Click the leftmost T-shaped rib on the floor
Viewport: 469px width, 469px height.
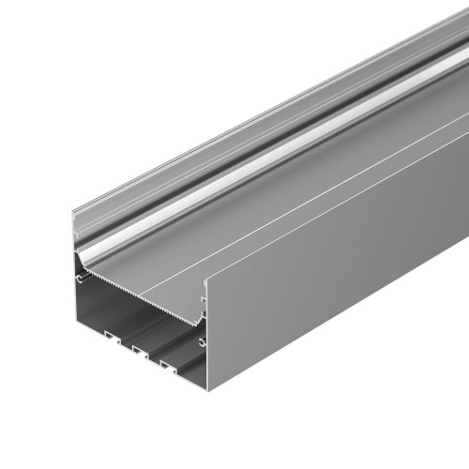110,333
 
